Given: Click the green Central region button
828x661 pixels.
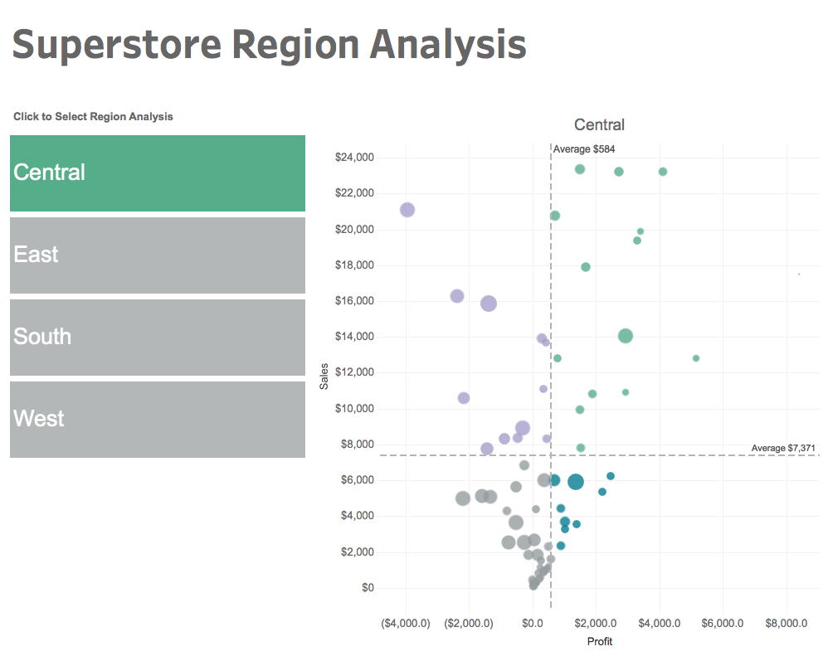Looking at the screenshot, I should pos(158,173).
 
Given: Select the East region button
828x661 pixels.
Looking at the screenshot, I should pos(158,255).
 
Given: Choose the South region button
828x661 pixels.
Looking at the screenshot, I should pos(158,337).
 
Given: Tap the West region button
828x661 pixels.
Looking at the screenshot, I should pos(158,419).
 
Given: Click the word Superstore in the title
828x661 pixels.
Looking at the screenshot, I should pos(117,45).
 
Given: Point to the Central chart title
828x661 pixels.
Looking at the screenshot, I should pos(599,125).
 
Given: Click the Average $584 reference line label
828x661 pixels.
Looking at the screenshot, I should pos(584,149).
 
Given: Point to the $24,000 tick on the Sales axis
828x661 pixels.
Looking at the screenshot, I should pos(354,158).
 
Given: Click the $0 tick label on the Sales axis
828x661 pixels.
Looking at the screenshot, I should pos(366,588).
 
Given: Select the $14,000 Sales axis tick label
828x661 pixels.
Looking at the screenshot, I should pos(354,337).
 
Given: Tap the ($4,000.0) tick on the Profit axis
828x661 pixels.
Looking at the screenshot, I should pos(406,623).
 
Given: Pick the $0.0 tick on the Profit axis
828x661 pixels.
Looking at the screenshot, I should pos(533,623).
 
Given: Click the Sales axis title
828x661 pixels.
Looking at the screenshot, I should pos(324,380).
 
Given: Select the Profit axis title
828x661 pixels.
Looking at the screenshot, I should pos(600,642).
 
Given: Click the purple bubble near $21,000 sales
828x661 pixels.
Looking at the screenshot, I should pos(407,210).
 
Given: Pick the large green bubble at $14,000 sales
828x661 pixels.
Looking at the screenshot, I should pos(626,336).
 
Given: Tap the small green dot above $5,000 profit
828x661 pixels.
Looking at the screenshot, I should pos(696,358).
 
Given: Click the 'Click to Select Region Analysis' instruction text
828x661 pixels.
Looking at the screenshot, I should pos(93,117).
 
